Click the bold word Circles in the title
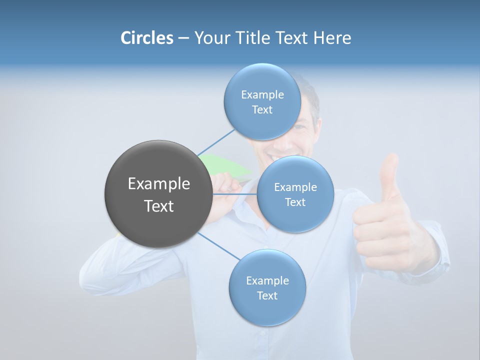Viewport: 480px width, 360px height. [x=147, y=38]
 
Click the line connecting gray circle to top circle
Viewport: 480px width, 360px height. [x=216, y=142]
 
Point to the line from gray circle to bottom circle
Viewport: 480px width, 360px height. [x=219, y=246]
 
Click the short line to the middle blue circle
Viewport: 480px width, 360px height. [x=235, y=194]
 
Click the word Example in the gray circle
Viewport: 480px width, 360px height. [x=158, y=184]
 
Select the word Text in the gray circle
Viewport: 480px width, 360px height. [x=158, y=206]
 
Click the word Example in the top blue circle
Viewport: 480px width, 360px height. [x=262, y=94]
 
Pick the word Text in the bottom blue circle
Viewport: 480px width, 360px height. [x=267, y=295]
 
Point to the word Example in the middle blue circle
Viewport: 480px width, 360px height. [x=295, y=187]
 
